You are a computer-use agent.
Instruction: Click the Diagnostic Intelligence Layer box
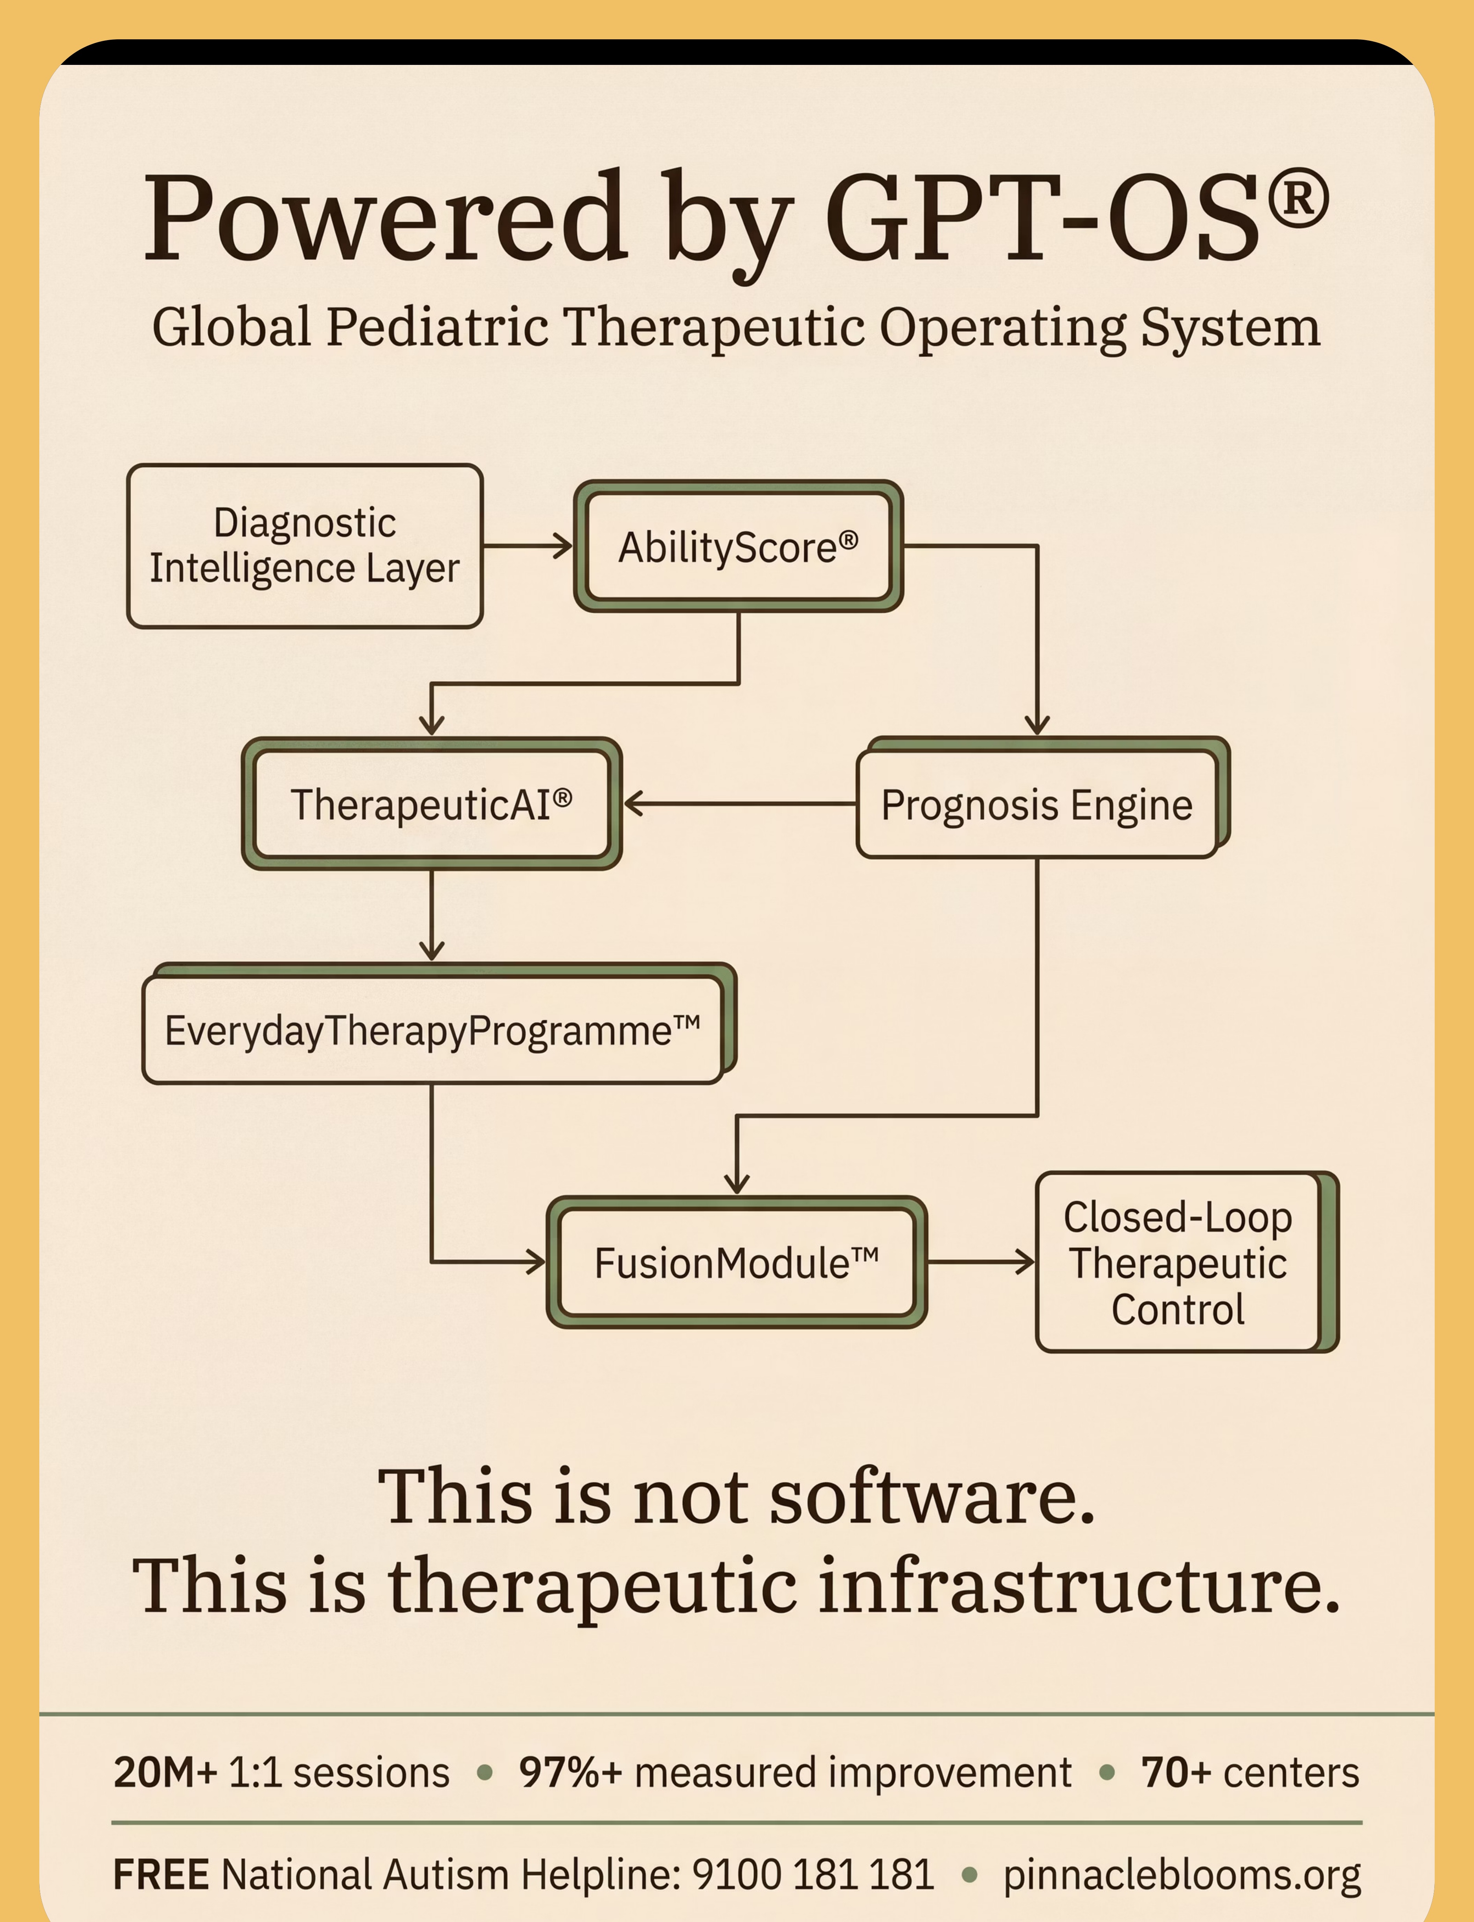point(305,546)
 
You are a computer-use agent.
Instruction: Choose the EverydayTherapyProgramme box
point(439,1023)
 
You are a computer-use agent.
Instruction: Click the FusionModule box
point(737,1262)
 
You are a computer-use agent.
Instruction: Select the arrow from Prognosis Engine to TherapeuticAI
point(740,803)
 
